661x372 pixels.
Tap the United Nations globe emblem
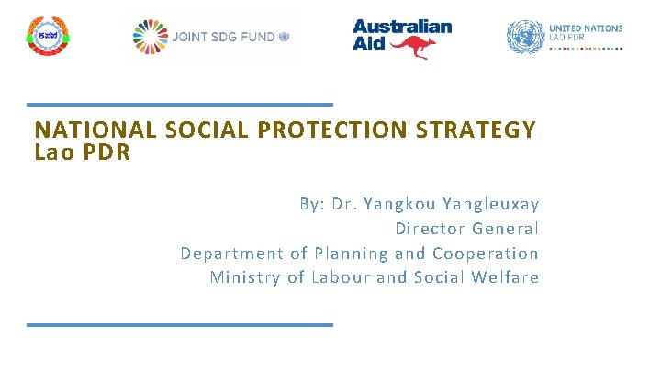(525, 37)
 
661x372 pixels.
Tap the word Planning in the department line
(351, 254)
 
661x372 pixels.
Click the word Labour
(340, 277)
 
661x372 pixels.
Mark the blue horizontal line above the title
(179, 104)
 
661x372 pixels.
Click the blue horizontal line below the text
(179, 324)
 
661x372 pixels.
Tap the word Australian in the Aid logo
(402, 27)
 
